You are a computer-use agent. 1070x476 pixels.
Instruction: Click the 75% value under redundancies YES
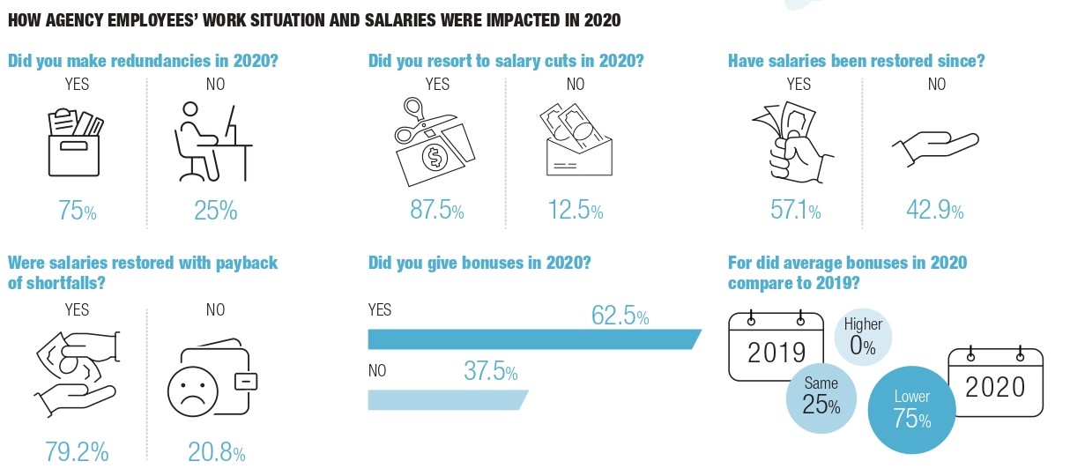[x=77, y=211]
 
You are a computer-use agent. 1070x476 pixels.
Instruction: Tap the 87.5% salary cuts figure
[x=436, y=211]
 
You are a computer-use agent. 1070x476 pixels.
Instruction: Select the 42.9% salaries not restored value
[x=935, y=211]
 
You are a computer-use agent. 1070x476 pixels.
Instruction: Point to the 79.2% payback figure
[x=77, y=453]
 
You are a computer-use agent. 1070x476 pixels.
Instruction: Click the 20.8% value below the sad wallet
[x=216, y=453]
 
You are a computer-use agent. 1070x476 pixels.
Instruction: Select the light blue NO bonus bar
[x=445, y=399]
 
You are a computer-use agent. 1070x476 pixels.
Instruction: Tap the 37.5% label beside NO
[x=490, y=372]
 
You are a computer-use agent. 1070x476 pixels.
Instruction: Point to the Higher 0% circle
[x=863, y=337]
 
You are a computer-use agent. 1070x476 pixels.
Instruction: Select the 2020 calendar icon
[x=994, y=380]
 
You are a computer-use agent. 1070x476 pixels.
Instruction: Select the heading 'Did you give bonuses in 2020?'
[x=479, y=263]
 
